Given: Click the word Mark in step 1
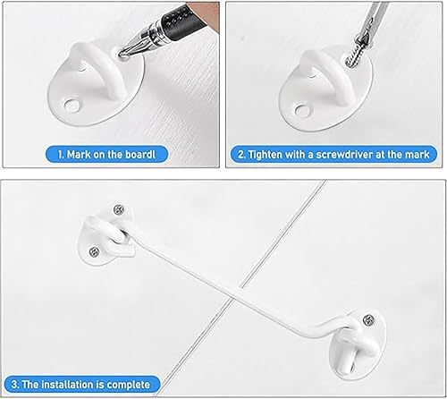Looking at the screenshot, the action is (x=79, y=155).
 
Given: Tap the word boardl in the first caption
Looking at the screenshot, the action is (x=140, y=155).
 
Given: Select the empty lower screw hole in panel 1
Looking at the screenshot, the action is (x=71, y=105).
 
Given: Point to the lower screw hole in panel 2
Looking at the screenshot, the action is (x=302, y=110).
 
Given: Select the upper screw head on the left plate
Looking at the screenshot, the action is (x=119, y=210).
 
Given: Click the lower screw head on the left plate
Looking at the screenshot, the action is (x=94, y=252).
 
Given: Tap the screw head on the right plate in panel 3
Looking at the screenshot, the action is (x=369, y=320).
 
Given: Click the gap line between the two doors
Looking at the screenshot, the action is (x=240, y=289).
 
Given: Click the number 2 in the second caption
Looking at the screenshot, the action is (x=240, y=155).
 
